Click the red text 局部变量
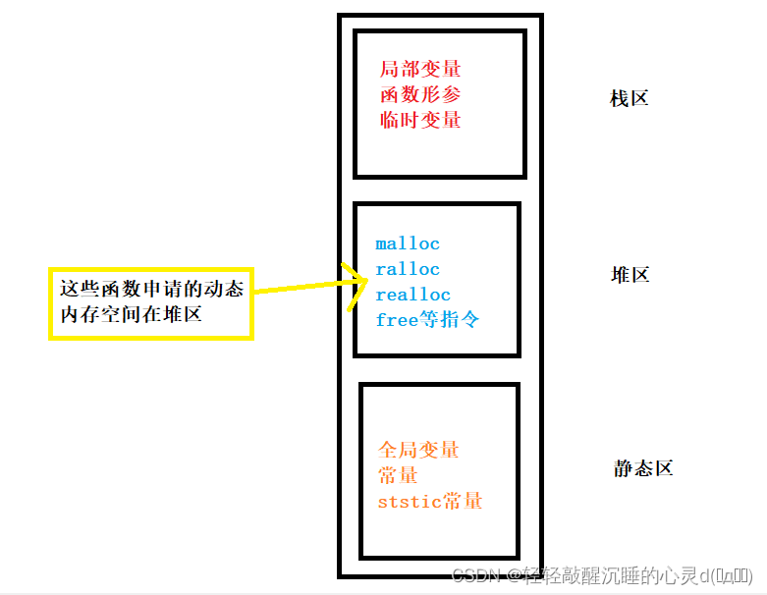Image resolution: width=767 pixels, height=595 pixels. tap(420, 70)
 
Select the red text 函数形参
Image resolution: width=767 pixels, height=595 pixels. tap(420, 95)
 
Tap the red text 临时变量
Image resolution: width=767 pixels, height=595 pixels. tap(420, 121)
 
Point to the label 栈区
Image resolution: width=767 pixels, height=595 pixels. tap(629, 99)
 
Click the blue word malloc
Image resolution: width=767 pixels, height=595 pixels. tap(408, 243)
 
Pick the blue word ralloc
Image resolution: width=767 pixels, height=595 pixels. tap(408, 269)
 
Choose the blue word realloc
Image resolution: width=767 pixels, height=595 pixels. tap(412, 295)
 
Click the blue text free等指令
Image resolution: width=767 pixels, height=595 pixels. tap(427, 319)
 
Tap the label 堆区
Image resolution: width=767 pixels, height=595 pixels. tap(630, 275)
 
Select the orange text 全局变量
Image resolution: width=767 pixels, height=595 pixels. tap(419, 451)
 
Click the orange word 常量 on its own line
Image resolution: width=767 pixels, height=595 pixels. tap(398, 476)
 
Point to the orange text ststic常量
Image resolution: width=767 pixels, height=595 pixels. tap(430, 502)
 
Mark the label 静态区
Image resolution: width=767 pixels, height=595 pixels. tap(643, 468)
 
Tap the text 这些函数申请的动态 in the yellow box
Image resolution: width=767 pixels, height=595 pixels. tap(151, 290)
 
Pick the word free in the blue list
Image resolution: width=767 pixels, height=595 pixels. tap(395, 320)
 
